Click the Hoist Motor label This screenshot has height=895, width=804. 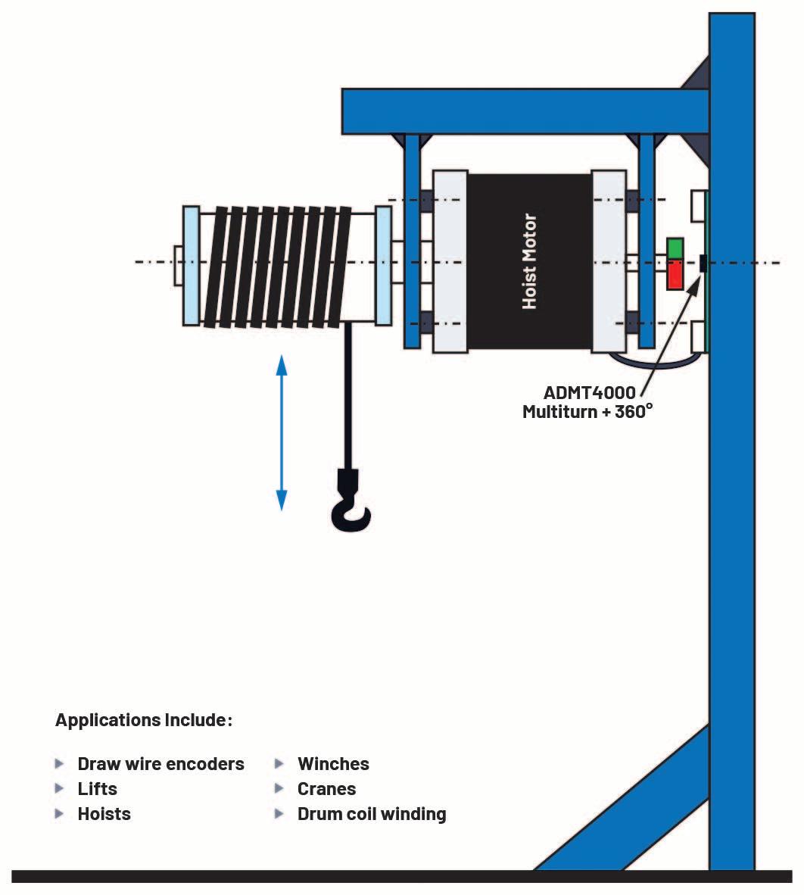click(529, 261)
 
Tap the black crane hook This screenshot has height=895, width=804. click(351, 504)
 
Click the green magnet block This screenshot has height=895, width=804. click(675, 248)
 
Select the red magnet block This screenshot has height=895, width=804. click(675, 276)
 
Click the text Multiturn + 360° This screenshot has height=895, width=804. click(587, 412)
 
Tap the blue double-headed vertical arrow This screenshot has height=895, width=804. click(282, 432)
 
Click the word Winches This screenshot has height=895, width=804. click(333, 763)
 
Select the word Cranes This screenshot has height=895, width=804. click(326, 788)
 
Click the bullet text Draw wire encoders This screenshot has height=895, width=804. click(160, 763)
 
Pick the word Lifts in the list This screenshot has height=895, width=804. click(97, 788)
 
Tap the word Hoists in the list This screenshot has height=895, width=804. click(104, 814)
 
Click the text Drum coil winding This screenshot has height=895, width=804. click(372, 814)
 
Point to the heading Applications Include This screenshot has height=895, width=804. click(143, 719)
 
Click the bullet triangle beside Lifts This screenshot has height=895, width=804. click(60, 788)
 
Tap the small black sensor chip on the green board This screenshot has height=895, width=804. click(703, 263)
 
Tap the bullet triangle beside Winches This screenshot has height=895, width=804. click(279, 763)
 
